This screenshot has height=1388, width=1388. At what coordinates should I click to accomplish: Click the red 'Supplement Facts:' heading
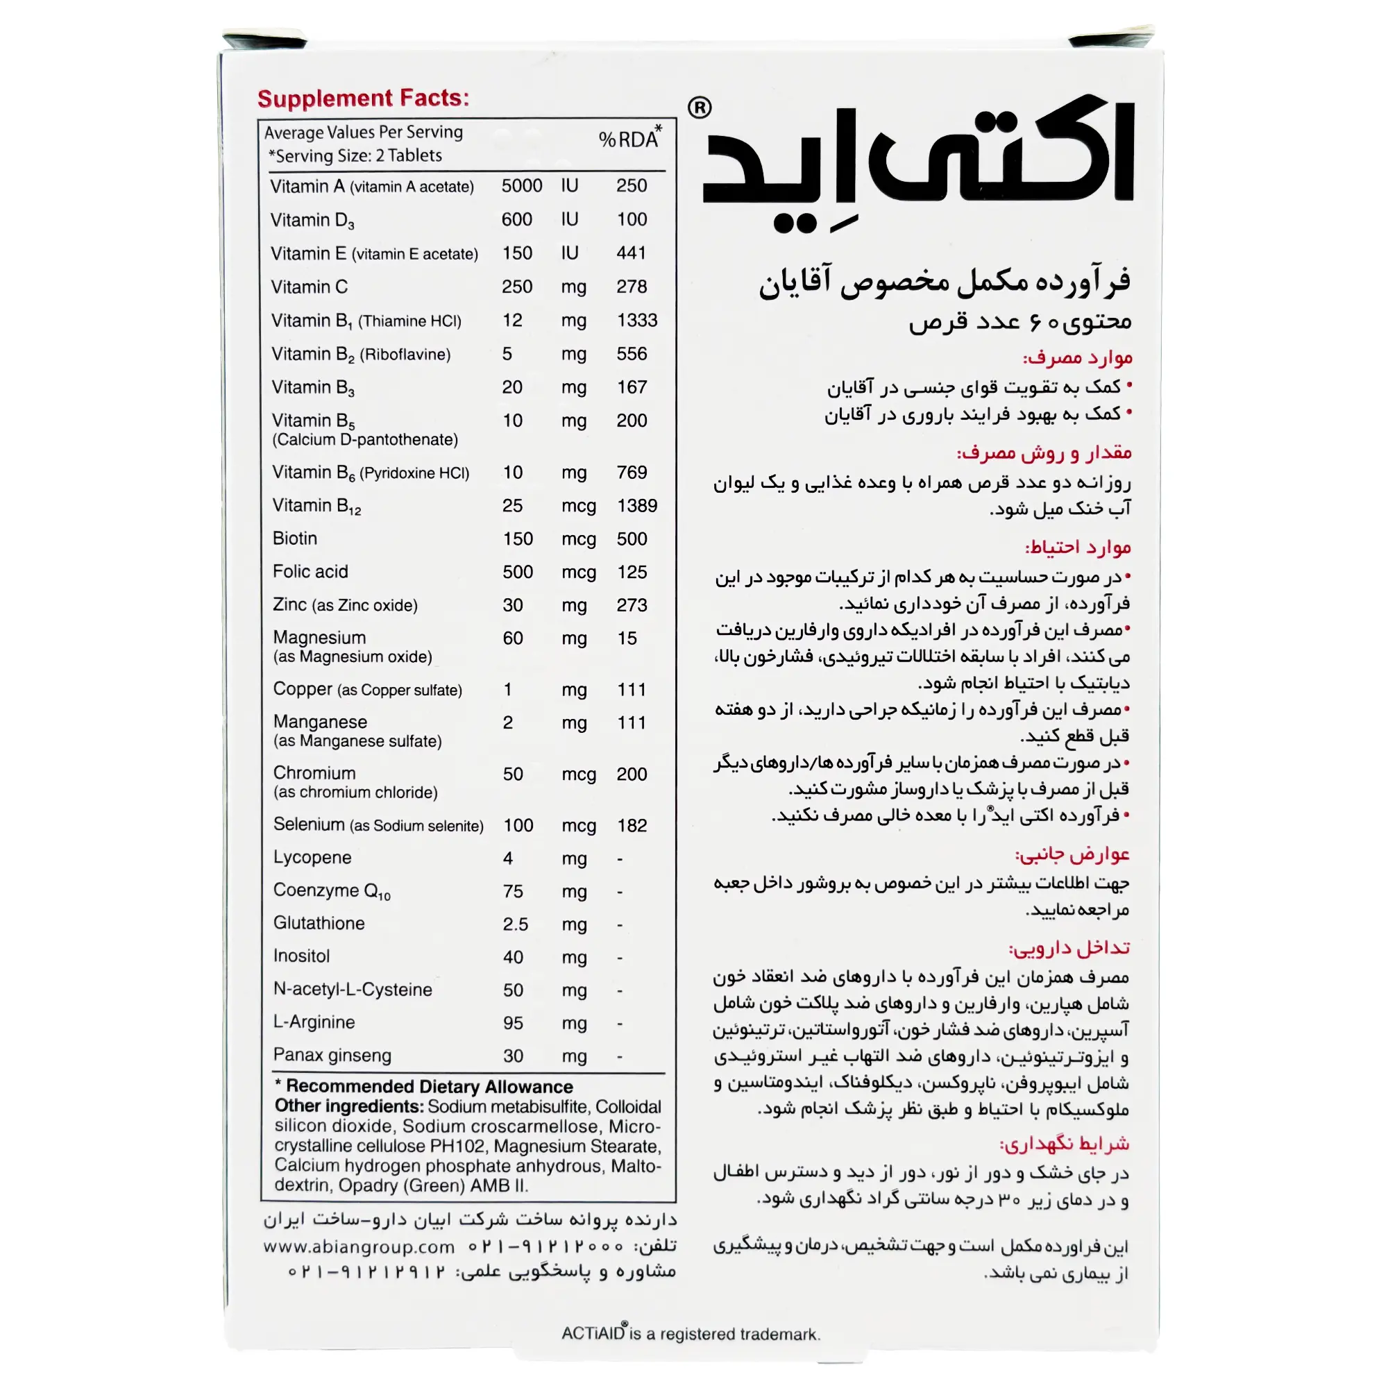coord(363,99)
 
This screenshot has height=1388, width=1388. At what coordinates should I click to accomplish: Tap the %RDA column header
coord(629,139)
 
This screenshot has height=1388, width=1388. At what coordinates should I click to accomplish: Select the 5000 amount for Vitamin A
coord(522,186)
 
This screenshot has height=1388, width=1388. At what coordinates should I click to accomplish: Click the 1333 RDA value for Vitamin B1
coord(636,321)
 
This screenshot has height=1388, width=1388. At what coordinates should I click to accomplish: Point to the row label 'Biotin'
coord(294,539)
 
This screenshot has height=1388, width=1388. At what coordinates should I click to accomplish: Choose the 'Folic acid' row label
coord(310,572)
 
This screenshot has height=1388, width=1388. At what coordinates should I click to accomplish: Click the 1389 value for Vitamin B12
coord(636,506)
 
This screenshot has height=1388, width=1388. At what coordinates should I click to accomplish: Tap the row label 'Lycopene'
coord(312,858)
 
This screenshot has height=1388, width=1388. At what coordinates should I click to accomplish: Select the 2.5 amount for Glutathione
coord(515,924)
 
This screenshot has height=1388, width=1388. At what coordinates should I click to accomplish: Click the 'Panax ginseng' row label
coord(332,1056)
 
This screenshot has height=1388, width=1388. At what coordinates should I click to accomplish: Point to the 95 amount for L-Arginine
coord(513,1023)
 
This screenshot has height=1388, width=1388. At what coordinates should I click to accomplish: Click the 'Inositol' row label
coord(301,957)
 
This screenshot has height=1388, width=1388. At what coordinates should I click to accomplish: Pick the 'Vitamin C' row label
coord(309,287)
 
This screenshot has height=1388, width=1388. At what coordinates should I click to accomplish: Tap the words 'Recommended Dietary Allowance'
coord(429,1087)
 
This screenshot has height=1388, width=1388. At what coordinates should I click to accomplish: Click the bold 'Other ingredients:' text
coord(348,1106)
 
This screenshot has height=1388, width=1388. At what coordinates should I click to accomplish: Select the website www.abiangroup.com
coord(359,1247)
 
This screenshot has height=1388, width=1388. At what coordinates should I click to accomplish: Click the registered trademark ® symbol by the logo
coord(699,108)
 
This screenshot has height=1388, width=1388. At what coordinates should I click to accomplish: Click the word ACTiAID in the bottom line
coord(593,1333)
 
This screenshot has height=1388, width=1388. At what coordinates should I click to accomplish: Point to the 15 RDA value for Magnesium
coord(627,638)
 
